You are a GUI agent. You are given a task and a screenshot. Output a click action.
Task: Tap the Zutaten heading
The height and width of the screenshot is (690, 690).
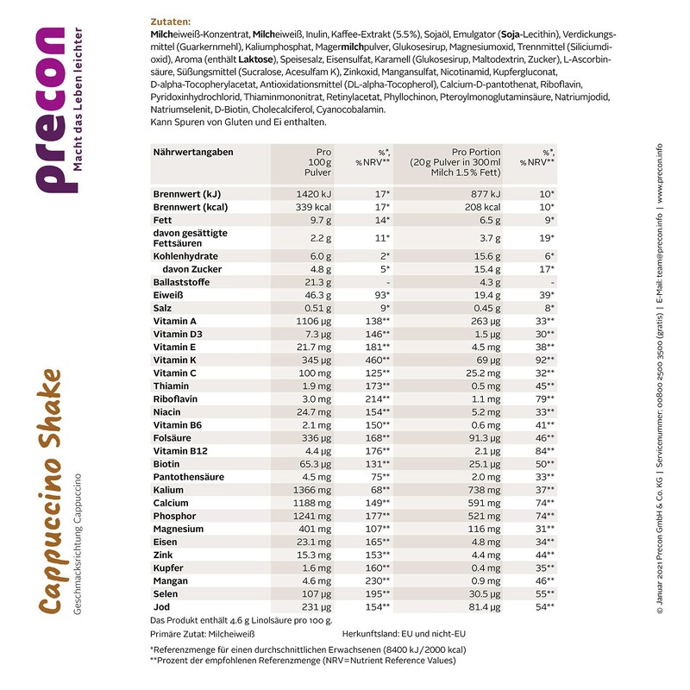(x=169, y=21)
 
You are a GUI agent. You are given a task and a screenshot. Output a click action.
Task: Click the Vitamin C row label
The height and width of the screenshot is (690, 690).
(x=175, y=373)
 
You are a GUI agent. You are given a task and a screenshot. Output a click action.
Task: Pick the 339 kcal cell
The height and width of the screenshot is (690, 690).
(x=312, y=208)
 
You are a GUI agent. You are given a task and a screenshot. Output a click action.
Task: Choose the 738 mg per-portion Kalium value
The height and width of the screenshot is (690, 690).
(x=485, y=489)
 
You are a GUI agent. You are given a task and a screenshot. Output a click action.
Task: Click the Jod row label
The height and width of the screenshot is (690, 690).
(x=162, y=606)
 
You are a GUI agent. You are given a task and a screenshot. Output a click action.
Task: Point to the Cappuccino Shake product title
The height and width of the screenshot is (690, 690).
(x=51, y=491)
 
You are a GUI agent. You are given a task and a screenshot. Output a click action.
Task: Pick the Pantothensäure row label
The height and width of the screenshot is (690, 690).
(x=189, y=476)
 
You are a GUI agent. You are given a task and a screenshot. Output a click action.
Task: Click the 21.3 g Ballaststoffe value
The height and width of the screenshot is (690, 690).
(x=315, y=282)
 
